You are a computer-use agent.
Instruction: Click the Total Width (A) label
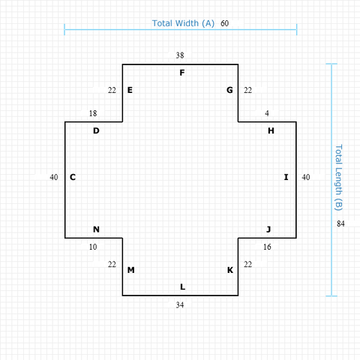click(x=183, y=23)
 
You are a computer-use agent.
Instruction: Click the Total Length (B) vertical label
click(x=338, y=177)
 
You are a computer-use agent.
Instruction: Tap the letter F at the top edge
click(x=181, y=73)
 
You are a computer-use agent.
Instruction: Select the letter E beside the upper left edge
click(x=130, y=90)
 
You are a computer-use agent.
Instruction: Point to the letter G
click(x=229, y=90)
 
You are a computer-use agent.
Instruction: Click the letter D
click(x=96, y=130)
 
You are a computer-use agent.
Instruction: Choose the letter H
click(x=271, y=130)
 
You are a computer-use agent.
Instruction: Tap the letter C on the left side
click(x=73, y=177)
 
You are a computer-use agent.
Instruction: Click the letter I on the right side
click(x=286, y=177)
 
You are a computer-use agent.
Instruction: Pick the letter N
click(x=96, y=229)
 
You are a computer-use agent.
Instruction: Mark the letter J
click(x=268, y=229)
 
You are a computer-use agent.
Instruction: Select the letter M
click(x=130, y=270)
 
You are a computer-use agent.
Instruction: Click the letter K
click(x=230, y=270)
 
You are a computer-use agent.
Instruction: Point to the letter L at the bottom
click(x=182, y=286)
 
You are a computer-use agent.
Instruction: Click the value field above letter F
click(x=180, y=55)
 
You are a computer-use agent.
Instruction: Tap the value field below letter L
click(x=180, y=304)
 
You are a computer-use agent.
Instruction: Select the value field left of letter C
click(x=48, y=177)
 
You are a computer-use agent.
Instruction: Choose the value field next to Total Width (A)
click(x=231, y=23)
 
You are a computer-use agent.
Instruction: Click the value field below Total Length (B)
click(x=347, y=223)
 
